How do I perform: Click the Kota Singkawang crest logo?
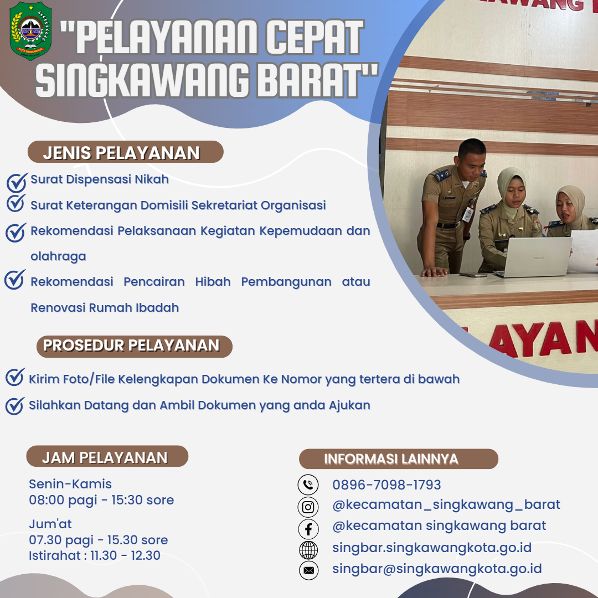[30, 30]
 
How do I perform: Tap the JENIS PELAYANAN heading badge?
[126, 152]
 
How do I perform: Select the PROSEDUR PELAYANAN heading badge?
[134, 346]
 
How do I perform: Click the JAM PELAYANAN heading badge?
[107, 456]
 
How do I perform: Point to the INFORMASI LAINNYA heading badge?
[399, 459]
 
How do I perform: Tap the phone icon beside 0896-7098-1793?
[308, 484]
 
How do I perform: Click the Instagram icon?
[308, 507]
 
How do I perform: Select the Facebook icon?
[308, 529]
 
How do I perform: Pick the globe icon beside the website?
[308, 550]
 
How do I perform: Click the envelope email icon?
[308, 570]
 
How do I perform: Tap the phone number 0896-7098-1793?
[386, 484]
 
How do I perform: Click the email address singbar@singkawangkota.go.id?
[437, 569]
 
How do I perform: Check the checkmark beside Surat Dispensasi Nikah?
[17, 182]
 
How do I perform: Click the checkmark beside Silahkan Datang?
[16, 406]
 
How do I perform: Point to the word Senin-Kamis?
[70, 483]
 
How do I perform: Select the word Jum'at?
[50, 524]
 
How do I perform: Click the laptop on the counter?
[533, 257]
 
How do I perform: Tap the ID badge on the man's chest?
[467, 214]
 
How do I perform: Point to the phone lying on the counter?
[473, 275]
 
